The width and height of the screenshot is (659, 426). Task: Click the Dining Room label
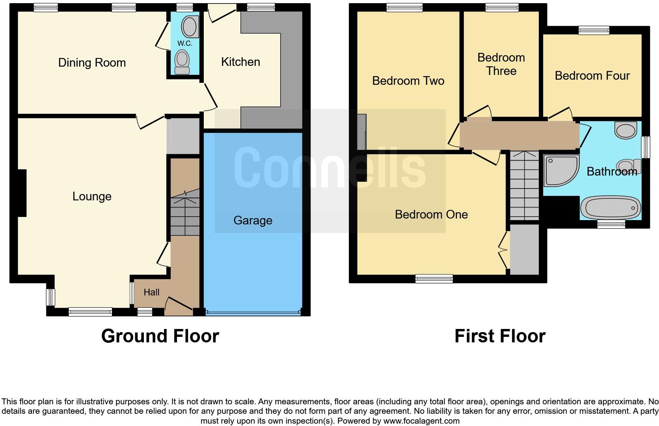tap(92, 63)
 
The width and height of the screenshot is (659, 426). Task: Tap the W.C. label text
tap(184, 43)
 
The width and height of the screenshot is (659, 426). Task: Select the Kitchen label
tap(240, 62)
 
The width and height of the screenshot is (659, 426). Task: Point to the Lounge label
tap(92, 196)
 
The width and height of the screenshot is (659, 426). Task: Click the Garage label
tap(253, 220)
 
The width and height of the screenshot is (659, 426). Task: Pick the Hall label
tap(151, 292)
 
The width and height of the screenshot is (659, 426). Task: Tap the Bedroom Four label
tap(592, 76)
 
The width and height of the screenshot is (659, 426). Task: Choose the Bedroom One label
tap(431, 215)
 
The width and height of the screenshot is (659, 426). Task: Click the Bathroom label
tap(612, 172)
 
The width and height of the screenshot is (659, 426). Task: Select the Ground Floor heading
tap(160, 336)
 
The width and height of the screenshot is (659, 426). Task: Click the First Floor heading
tap(500, 336)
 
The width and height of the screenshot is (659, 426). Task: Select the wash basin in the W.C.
tap(190, 27)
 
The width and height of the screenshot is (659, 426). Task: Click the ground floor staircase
tap(184, 213)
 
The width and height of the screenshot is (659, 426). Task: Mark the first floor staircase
tap(524, 185)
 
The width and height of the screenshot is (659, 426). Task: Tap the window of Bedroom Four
tap(594, 30)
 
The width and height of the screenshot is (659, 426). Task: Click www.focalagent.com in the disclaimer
tap(421, 421)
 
